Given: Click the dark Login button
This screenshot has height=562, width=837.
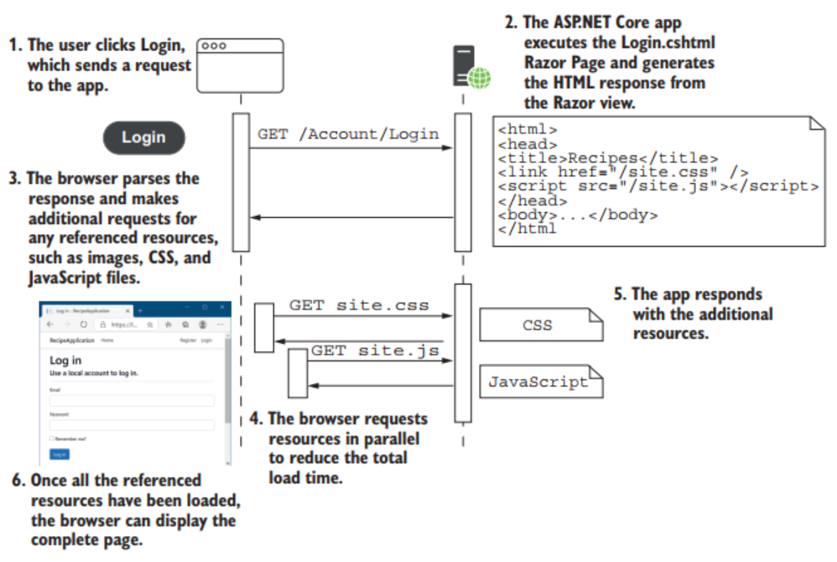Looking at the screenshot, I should click(143, 138).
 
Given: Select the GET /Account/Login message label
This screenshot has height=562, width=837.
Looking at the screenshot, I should click(348, 133).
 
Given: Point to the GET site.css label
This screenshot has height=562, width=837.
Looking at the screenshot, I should click(359, 305).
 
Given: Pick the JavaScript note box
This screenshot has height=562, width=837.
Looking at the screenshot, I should click(539, 382).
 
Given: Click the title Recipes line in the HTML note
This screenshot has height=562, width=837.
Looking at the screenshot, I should click(608, 157).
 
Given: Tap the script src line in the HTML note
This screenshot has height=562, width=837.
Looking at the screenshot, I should click(658, 185).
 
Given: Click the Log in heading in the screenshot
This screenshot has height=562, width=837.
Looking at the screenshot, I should click(65, 361).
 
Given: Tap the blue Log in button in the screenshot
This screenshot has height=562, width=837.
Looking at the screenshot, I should click(59, 454).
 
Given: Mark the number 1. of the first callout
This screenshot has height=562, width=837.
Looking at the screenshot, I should click(14, 45).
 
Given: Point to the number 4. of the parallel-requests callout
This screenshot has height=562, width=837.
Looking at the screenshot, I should click(257, 419).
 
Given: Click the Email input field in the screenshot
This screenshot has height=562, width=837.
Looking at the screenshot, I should click(132, 400).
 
